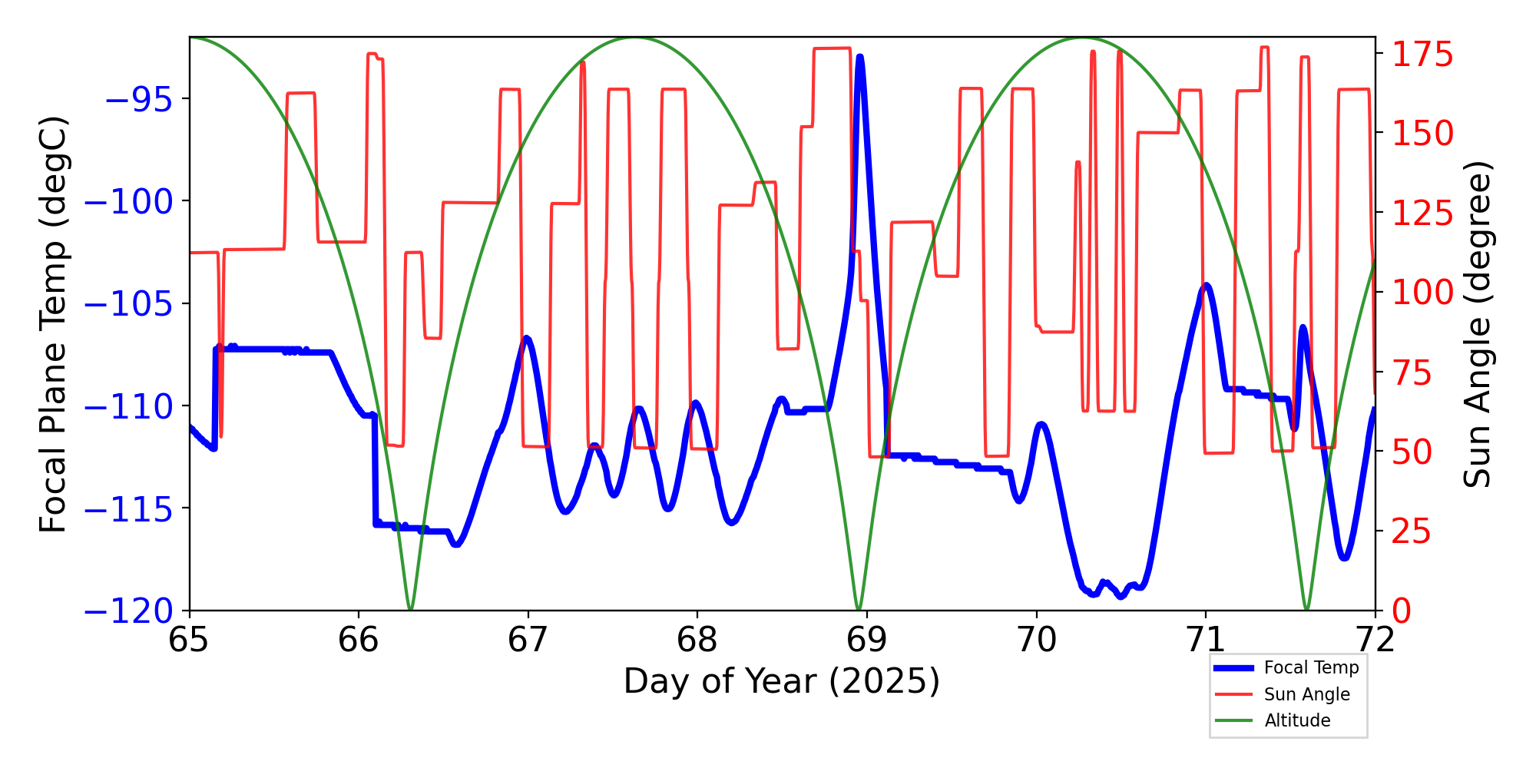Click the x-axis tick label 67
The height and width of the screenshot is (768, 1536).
click(x=528, y=640)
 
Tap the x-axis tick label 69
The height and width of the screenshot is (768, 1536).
click(x=866, y=640)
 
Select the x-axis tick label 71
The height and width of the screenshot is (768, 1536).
click(x=1205, y=640)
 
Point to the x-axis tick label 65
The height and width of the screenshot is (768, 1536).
click(x=189, y=640)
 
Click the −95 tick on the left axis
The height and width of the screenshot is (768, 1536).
click(x=138, y=99)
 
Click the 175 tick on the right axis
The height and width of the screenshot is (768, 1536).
click(x=1422, y=55)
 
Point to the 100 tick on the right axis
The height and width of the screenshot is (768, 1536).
click(x=1422, y=293)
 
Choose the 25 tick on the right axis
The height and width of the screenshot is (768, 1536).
click(x=1412, y=531)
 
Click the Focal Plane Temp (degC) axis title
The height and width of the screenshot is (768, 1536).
click(x=54, y=324)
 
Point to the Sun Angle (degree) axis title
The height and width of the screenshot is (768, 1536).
click(x=1476, y=324)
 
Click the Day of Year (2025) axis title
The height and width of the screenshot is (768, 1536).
click(x=781, y=681)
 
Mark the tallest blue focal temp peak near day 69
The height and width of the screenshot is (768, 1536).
click(x=860, y=57)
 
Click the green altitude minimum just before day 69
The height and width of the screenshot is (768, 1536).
click(x=859, y=609)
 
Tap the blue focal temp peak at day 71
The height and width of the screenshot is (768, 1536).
click(x=1207, y=285)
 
